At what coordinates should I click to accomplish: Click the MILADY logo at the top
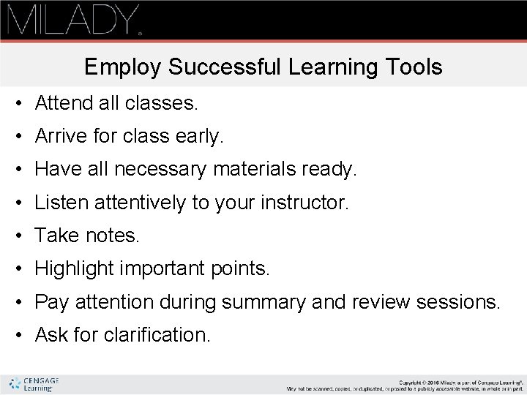click(72, 20)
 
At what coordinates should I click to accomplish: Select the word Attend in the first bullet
click(61, 104)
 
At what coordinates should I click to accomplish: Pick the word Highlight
click(76, 269)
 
